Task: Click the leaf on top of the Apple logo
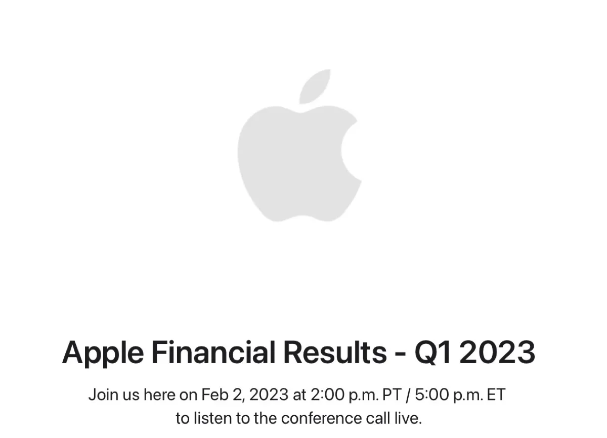tap(315, 86)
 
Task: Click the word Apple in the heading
tap(101, 353)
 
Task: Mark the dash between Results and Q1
tap(400, 354)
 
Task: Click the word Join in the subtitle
tap(102, 395)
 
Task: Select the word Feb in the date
tap(212, 395)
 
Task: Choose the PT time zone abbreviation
tap(392, 395)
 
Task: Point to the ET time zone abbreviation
tap(496, 395)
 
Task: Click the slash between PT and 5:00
tap(408, 395)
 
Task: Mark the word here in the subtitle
tap(159, 395)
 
